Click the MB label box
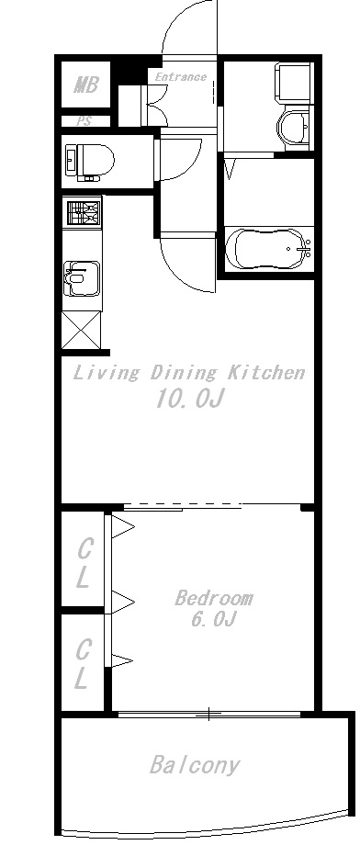coord(85,86)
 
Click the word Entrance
coord(180,77)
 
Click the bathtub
coord(268,248)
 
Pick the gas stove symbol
coord(82,215)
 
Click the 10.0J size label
coord(189,400)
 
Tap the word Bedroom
coord(214,599)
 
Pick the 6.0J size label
coord(214,620)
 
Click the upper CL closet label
coord(83,564)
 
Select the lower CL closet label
coord(83,665)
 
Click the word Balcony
coord(195,765)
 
